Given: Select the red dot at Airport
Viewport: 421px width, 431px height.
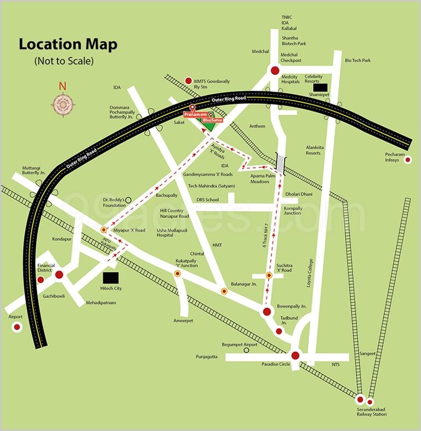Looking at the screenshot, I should point(17,327).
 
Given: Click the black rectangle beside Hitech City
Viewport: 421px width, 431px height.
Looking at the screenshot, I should point(111,277).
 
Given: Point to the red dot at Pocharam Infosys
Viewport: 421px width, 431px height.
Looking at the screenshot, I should point(408,160).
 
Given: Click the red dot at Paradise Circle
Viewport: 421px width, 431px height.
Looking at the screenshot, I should point(295,356).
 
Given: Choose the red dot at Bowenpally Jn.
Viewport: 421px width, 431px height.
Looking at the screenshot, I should point(267,312).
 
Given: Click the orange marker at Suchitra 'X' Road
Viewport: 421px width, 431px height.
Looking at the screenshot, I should point(269,275).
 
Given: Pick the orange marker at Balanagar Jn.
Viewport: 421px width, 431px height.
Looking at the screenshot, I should point(224,291).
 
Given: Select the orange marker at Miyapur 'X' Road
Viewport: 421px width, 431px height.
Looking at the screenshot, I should point(104,229).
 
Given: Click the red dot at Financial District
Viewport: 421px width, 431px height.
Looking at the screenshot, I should point(59,274).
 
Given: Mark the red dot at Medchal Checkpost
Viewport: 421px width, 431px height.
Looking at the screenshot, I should point(274,70).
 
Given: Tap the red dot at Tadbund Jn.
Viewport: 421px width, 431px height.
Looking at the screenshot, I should point(279,331).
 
